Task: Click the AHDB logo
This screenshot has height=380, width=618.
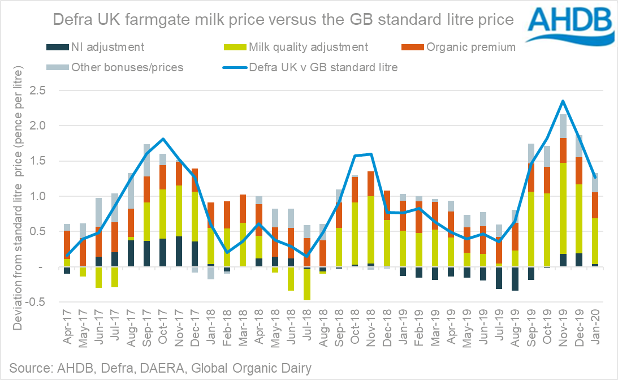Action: pyautogui.click(x=569, y=26)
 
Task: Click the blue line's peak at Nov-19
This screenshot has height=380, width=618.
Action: pyautogui.click(x=563, y=101)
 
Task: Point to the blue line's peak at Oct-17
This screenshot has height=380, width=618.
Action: pyautogui.click(x=163, y=139)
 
